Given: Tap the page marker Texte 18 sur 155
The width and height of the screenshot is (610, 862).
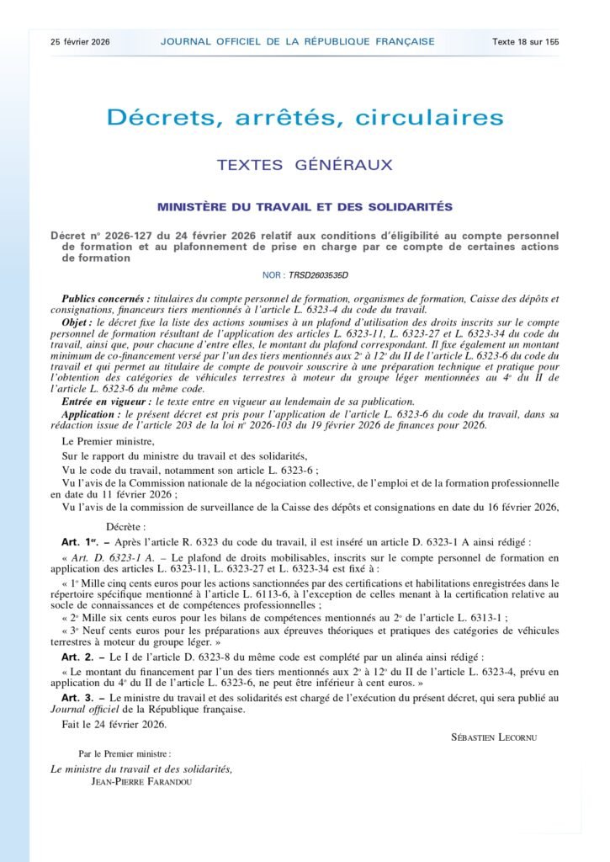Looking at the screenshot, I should [526, 41].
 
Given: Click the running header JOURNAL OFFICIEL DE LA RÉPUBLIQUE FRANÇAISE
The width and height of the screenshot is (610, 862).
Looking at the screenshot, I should [298, 41].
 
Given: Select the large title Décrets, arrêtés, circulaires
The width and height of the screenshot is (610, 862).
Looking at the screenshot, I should [305, 118].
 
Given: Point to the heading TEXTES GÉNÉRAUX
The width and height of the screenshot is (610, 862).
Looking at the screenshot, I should [305, 165].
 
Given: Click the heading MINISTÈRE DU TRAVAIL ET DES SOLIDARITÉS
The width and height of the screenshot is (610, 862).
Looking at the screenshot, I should [305, 207].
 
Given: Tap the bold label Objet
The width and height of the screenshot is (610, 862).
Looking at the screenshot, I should [81, 323].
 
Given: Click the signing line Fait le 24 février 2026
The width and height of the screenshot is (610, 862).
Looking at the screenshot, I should [114, 724].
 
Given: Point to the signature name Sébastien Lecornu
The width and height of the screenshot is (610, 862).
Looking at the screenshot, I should [495, 737].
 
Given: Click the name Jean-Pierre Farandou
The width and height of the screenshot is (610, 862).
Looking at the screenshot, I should [142, 780].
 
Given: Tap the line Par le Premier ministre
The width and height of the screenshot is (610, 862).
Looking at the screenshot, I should [125, 754].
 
